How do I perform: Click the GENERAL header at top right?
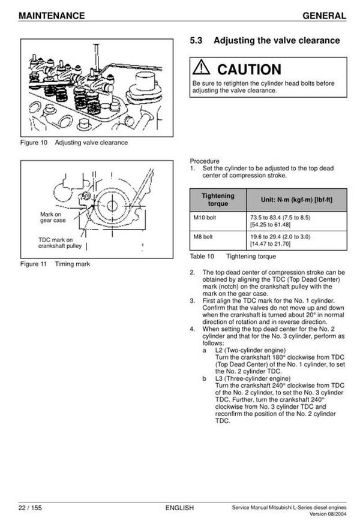point(324,15)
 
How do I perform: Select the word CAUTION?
point(248,70)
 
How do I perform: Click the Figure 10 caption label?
point(33,143)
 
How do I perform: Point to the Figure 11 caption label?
point(33,264)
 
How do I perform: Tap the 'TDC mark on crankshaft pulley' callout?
point(55,243)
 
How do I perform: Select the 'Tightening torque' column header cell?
point(218,199)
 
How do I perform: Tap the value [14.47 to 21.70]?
point(270,244)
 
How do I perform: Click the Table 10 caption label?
point(202,257)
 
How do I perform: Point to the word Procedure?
point(205,161)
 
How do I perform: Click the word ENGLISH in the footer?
point(179,508)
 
